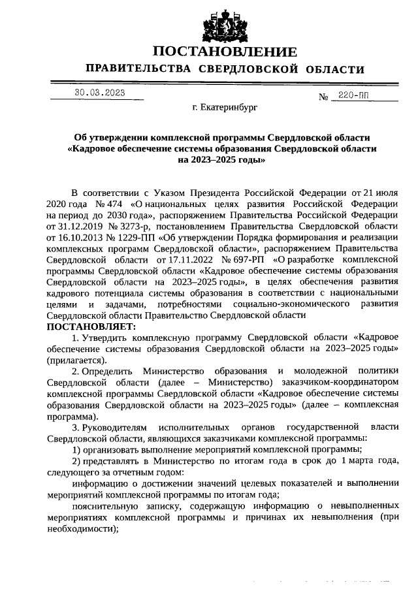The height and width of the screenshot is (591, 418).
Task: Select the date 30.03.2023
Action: (99, 93)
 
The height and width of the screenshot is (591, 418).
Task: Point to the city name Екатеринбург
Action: (225, 106)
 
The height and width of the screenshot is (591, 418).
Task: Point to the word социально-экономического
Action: (293, 304)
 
